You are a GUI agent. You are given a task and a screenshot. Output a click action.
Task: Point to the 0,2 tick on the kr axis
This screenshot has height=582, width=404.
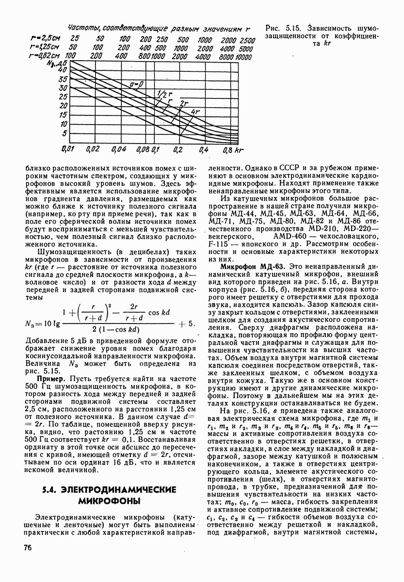point(178,149)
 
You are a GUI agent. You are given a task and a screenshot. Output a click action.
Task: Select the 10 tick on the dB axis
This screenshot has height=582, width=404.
point(63,124)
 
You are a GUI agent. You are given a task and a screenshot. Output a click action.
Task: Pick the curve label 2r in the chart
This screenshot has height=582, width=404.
point(184,103)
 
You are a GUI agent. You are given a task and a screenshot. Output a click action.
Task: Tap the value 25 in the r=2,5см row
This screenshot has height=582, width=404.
point(75,39)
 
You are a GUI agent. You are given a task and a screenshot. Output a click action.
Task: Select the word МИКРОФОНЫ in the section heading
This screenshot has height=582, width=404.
point(107,500)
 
